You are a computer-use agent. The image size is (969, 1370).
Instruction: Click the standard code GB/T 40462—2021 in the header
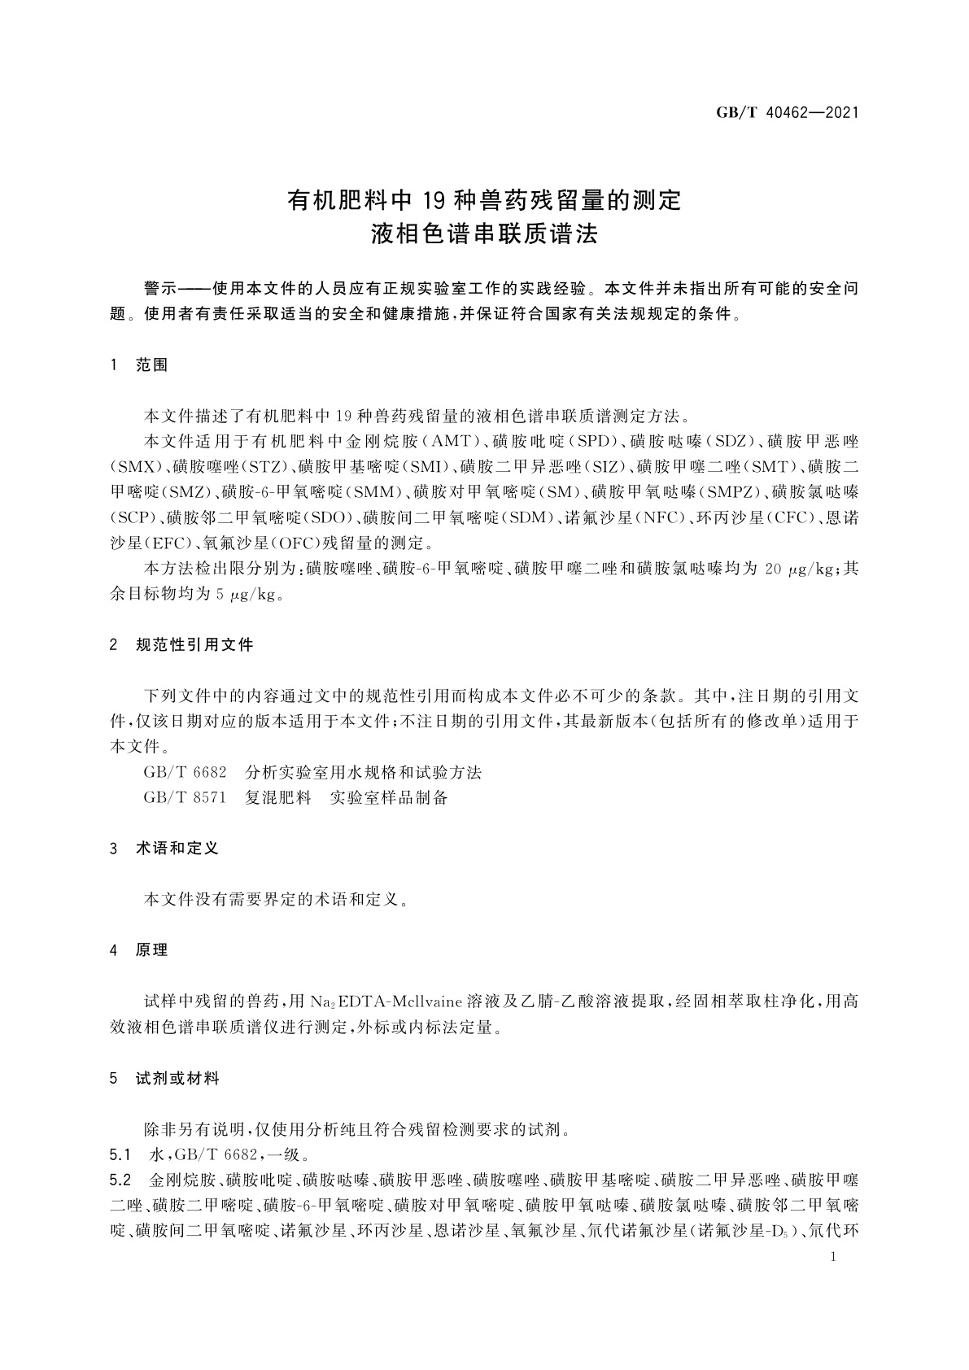[x=787, y=113]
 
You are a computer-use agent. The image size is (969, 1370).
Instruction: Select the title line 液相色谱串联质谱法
[x=484, y=235]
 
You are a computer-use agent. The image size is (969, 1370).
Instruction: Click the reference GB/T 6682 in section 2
[x=185, y=772]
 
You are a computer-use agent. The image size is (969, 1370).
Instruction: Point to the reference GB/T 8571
[x=185, y=798]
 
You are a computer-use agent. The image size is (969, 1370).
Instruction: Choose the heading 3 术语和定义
[x=164, y=849]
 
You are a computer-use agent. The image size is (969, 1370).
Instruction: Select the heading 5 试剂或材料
[x=164, y=1079]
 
